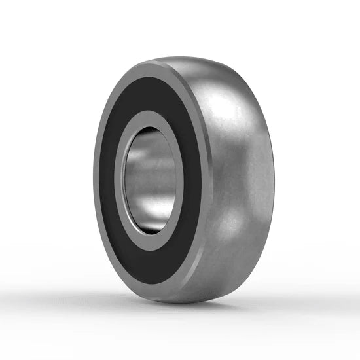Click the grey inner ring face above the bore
[151, 118]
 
